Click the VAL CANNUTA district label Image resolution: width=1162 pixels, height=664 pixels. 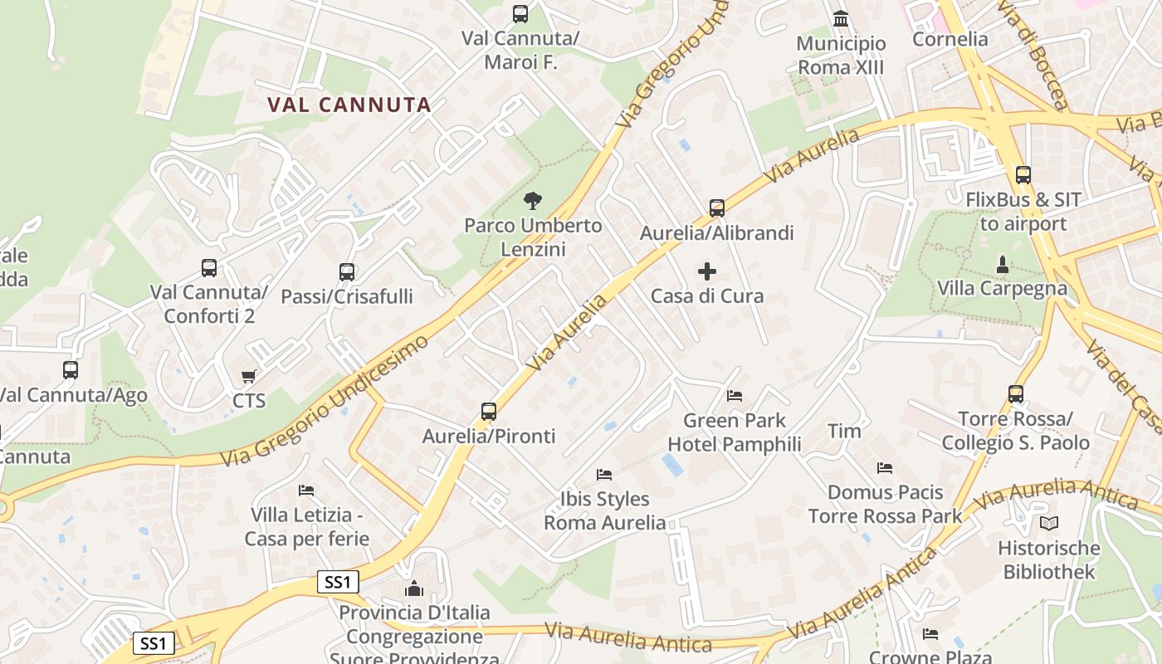point(349,105)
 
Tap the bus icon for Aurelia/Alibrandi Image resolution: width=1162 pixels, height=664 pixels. point(717,207)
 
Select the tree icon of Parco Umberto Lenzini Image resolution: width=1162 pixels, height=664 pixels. point(532,200)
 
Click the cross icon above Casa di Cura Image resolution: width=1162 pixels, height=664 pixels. point(707,271)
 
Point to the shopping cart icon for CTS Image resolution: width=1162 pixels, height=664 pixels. point(248,377)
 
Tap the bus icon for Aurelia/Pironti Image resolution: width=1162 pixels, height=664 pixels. point(489,411)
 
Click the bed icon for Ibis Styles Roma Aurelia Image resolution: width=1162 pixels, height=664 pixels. point(604,474)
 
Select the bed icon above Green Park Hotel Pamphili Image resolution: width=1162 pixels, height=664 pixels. point(735,395)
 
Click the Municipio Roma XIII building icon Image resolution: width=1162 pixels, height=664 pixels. point(841,18)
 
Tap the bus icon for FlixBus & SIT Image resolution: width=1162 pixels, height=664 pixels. point(1023,175)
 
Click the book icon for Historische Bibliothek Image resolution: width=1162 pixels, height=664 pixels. point(1049,523)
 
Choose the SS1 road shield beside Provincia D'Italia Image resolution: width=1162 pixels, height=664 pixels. point(338,582)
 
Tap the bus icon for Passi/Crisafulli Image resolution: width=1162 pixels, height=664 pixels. point(347,271)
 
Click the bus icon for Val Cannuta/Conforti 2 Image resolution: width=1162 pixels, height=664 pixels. point(209,268)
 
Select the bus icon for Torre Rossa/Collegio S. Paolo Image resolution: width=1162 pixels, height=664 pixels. point(1016,394)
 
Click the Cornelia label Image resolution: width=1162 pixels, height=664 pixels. point(950,39)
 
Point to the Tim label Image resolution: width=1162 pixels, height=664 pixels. point(844,431)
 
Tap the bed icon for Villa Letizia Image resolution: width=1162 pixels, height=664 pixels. point(306,491)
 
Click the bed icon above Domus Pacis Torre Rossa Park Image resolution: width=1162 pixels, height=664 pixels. point(885,468)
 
